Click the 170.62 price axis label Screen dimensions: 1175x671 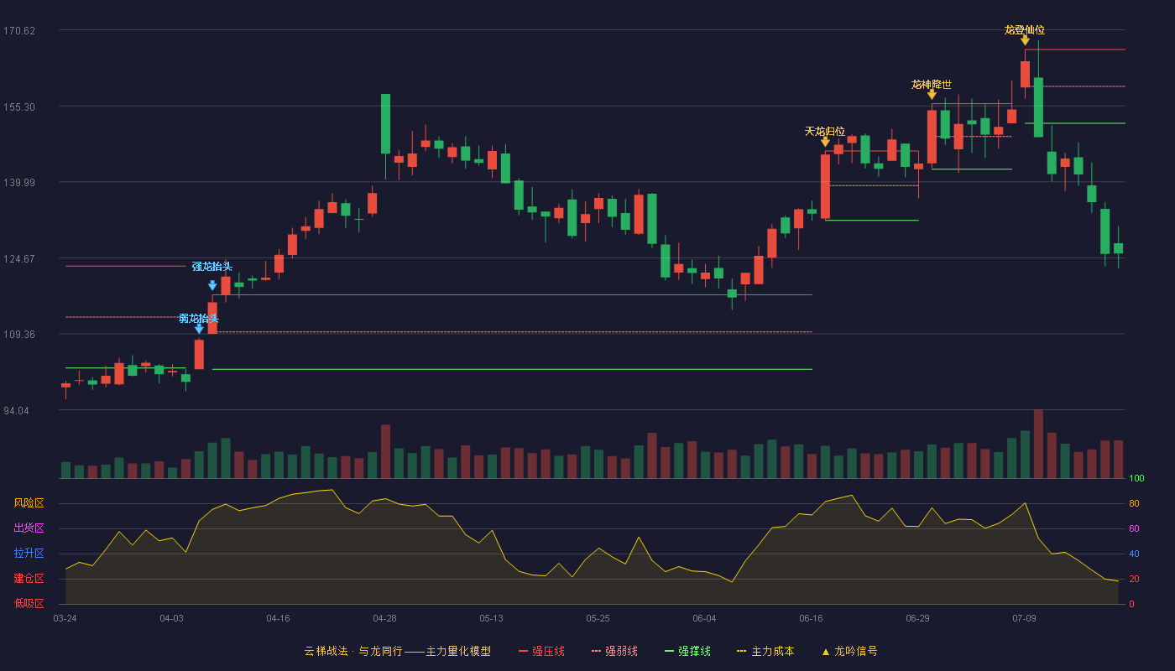pyautogui.click(x=19, y=31)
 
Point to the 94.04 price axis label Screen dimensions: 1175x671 pyautogui.click(x=16, y=410)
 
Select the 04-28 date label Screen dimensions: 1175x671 pyautogui.click(x=384, y=619)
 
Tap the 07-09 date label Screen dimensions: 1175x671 pyautogui.click(x=1025, y=619)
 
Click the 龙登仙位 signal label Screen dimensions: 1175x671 pyautogui.click(x=1025, y=30)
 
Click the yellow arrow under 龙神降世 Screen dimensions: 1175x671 pyautogui.click(x=932, y=94)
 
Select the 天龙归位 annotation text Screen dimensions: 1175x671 pyautogui.click(x=824, y=131)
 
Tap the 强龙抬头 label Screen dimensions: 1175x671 pyautogui.click(x=211, y=267)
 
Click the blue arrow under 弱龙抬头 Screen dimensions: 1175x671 pyautogui.click(x=199, y=329)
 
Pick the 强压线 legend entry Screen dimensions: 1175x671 pyautogui.click(x=541, y=651)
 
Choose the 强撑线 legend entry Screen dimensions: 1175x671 pyautogui.click(x=687, y=651)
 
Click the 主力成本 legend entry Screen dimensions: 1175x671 pyautogui.click(x=765, y=651)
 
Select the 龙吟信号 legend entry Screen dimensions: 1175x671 pyautogui.click(x=849, y=651)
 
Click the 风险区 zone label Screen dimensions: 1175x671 pyautogui.click(x=29, y=502)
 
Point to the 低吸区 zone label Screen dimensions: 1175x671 pyautogui.click(x=29, y=603)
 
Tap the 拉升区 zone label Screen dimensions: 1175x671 pyautogui.click(x=29, y=553)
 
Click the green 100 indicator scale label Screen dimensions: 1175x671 pyautogui.click(x=1136, y=478)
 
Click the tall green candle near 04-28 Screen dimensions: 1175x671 pyautogui.click(x=385, y=124)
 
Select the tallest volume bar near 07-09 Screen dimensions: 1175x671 pyautogui.click(x=1038, y=444)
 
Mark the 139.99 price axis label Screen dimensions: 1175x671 pyautogui.click(x=19, y=183)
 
